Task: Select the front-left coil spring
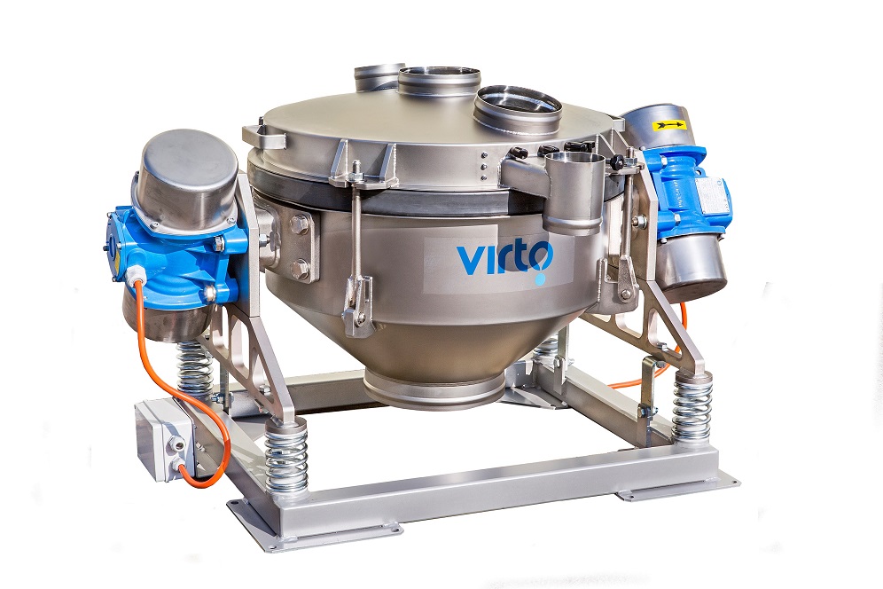(286, 453)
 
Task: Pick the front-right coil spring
(692, 407)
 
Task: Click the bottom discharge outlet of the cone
(433, 386)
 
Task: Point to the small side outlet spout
(574, 192)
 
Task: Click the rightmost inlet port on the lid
(518, 109)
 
